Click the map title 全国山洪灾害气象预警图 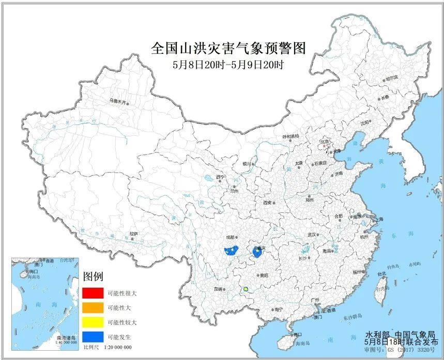coord(228,49)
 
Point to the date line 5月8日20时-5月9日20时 coord(228,65)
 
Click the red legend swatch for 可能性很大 coord(91,293)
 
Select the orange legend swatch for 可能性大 coord(91,307)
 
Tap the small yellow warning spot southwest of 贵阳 coord(246,289)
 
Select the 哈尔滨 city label coord(392,77)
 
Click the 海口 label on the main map coord(297,335)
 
